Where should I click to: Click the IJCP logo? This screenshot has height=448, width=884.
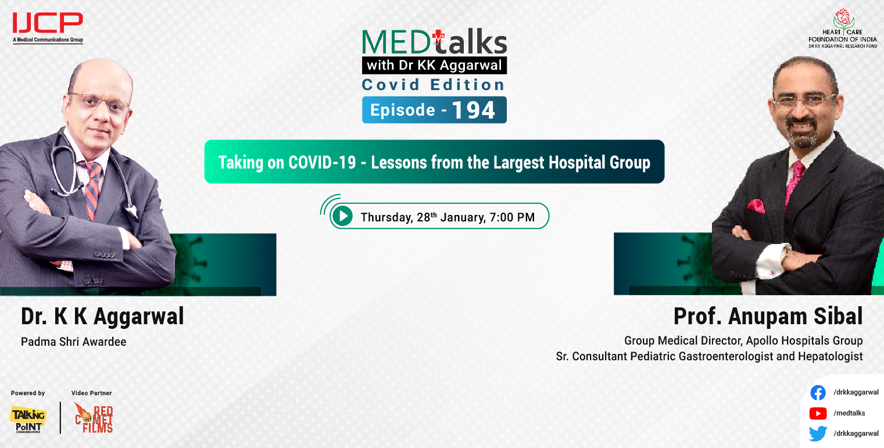coord(48,24)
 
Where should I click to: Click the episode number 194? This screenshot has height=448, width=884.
coord(474,110)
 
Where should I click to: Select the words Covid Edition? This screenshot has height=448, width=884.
coord(434,85)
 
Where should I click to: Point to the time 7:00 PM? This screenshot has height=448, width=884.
coord(512,218)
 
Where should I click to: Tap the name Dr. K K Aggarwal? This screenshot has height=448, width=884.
coord(102,316)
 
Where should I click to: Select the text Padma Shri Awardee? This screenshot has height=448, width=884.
coord(73,342)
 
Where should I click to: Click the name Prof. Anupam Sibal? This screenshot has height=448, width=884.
coord(768,316)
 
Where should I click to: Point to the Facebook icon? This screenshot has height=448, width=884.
coord(818,393)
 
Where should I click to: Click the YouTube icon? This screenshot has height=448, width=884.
coord(818,413)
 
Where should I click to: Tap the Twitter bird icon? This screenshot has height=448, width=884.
coord(818,433)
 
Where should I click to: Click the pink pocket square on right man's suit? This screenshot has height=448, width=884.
coord(756,206)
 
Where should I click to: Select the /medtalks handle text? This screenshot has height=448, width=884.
coord(849,413)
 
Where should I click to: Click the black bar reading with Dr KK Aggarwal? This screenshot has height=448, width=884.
coord(434,64)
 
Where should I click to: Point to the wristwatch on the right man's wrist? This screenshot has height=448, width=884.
coord(785,255)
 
